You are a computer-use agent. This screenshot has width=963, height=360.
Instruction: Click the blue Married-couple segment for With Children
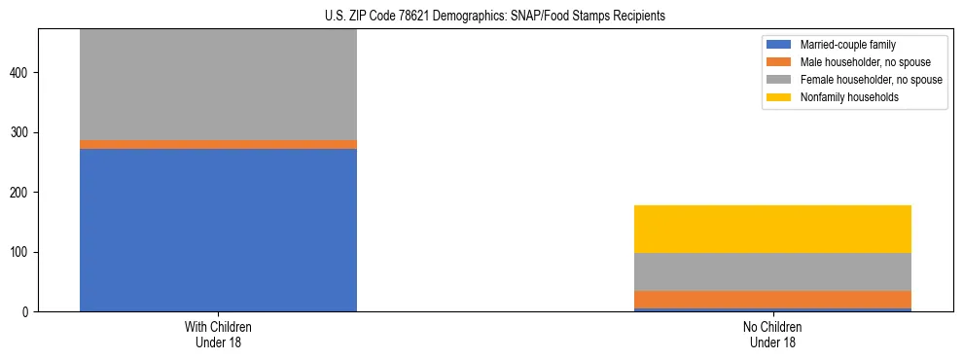pyautogui.click(x=218, y=230)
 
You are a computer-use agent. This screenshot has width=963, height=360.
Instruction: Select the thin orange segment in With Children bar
pyautogui.click(x=218, y=144)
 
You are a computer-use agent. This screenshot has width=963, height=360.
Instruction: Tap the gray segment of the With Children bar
pyautogui.click(x=218, y=85)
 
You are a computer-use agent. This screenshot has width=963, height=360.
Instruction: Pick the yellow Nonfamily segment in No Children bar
pyautogui.click(x=772, y=229)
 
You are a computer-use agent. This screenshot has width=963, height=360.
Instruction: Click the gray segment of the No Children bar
pyautogui.click(x=772, y=271)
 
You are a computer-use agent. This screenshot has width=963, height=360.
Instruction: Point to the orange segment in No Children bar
pyautogui.click(x=772, y=299)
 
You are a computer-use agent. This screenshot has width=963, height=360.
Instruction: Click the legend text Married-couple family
pyautogui.click(x=849, y=45)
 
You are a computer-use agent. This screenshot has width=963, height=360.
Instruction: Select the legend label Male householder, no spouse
pyautogui.click(x=862, y=62)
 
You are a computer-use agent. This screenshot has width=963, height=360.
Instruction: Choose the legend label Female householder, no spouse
pyautogui.click(x=871, y=80)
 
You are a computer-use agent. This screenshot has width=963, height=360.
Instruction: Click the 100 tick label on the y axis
pyautogui.click(x=24, y=252)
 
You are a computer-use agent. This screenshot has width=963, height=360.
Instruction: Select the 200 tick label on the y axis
pyautogui.click(x=24, y=193)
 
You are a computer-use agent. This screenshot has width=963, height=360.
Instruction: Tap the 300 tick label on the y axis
pyautogui.click(x=24, y=132)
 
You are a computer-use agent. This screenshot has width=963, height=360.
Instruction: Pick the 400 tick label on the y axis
pyautogui.click(x=24, y=73)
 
